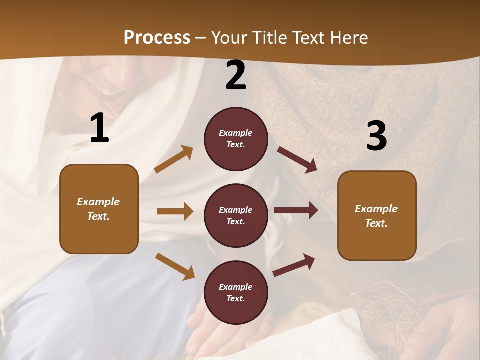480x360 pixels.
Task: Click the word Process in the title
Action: [157, 38]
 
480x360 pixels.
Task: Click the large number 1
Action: [99, 128]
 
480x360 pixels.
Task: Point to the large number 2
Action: [236, 75]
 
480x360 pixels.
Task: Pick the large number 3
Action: [376, 136]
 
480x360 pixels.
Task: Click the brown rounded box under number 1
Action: [99, 209]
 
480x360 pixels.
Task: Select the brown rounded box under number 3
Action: [377, 215]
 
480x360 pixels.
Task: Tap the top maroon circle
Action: [236, 139]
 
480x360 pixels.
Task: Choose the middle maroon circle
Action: [236, 215]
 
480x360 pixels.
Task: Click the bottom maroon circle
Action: [236, 292]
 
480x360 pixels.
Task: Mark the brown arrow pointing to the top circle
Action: [174, 159]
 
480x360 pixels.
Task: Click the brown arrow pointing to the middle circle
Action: [175, 211]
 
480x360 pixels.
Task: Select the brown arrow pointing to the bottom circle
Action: [175, 266]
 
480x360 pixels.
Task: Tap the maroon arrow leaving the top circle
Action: [297, 159]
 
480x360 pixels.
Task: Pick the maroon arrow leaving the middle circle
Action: [296, 210]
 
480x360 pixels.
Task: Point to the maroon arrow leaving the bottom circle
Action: [294, 265]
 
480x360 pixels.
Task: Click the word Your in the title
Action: [229, 38]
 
